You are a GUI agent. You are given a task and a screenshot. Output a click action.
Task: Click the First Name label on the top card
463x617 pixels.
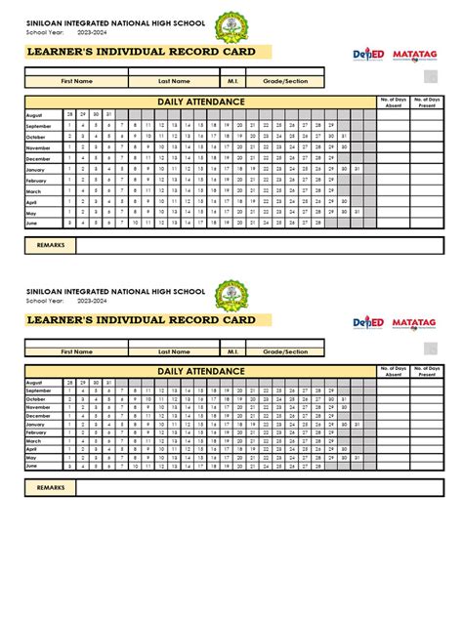pos(77,82)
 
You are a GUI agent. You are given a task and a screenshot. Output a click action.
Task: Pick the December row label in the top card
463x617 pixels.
pos(38,158)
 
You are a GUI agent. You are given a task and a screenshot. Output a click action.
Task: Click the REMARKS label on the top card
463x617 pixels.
pos(51,245)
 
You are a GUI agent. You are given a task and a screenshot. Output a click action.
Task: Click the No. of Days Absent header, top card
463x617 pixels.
pos(393,101)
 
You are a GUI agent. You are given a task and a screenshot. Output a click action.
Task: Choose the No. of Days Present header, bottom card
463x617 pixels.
pos(427,370)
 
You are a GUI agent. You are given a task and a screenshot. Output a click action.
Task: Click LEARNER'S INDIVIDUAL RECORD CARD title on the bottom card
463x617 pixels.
pos(142,320)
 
